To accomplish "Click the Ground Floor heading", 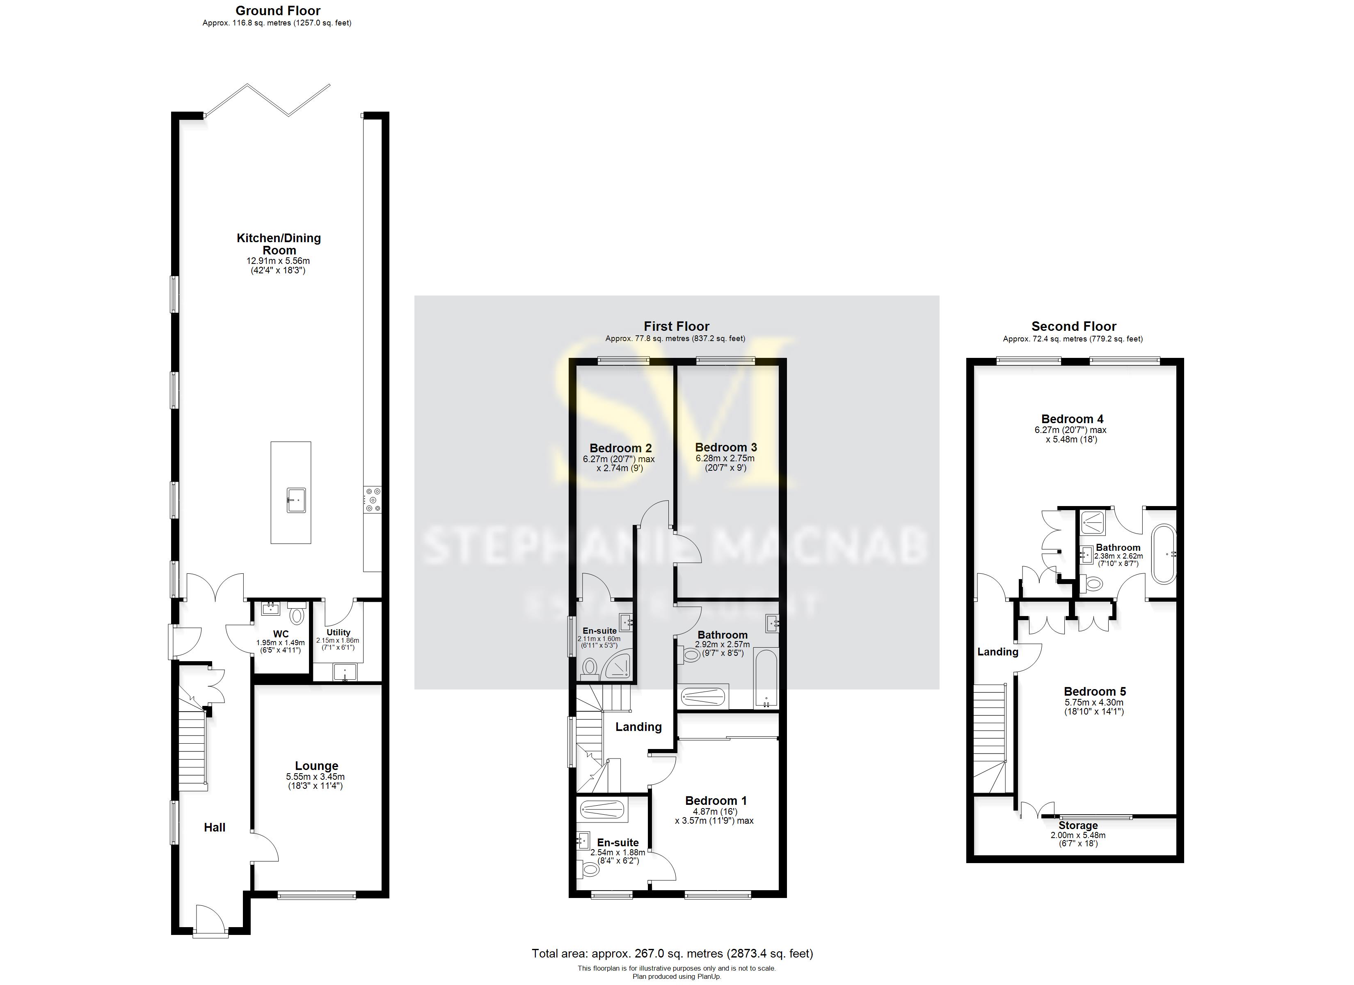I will [278, 11].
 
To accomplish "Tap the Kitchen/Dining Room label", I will [279, 244].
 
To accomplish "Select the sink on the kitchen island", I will [296, 500].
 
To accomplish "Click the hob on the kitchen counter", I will [373, 499].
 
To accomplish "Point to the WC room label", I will [281, 634].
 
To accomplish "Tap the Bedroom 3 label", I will [725, 447].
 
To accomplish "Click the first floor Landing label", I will [638, 726].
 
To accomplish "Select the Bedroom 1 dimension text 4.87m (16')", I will [715, 811].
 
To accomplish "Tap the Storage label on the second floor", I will [1077, 825].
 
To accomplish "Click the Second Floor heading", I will [1073, 326].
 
